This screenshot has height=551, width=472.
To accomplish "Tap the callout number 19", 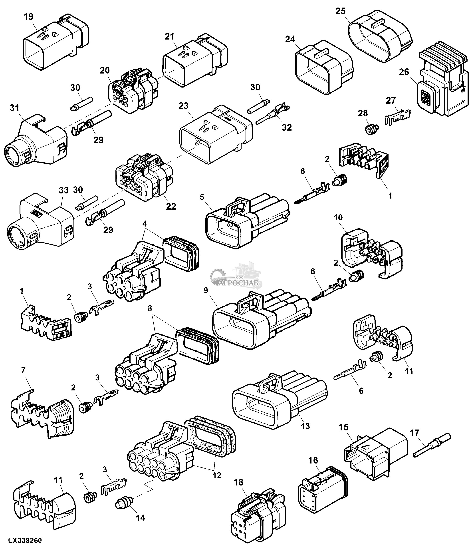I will pyautogui.click(x=28, y=16).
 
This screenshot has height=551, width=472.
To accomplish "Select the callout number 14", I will pyautogui.click(x=140, y=517).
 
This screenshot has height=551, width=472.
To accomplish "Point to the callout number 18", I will pyautogui.click(x=239, y=482).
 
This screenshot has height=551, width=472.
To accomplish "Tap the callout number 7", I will pyautogui.click(x=23, y=370).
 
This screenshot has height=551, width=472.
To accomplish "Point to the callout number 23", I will pyautogui.click(x=183, y=106).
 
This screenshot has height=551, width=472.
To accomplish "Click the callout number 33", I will pyautogui.click(x=63, y=190).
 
